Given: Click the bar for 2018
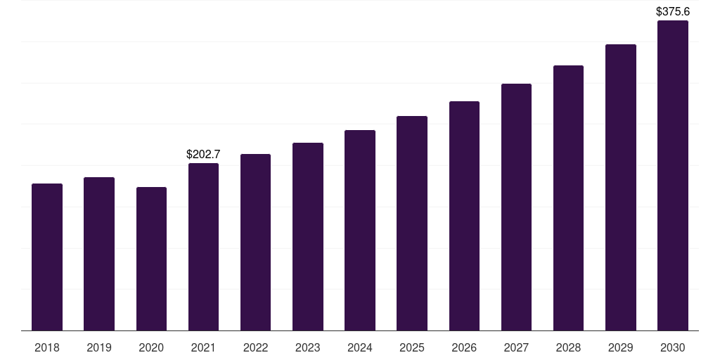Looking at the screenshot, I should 47,257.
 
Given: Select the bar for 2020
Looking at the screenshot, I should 151,259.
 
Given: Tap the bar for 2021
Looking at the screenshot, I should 203,247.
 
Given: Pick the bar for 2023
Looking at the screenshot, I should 308,236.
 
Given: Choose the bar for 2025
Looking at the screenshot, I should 412,223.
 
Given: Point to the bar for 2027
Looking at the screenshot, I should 516,207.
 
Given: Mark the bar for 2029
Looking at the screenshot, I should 621,187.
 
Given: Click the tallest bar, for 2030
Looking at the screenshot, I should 673,175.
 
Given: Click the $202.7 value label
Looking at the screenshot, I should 203,154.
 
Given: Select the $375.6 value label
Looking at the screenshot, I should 673,11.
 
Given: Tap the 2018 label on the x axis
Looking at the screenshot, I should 47,347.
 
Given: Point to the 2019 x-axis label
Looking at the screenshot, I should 99,347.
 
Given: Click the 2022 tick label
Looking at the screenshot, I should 255,347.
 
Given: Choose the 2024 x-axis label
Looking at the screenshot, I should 360,347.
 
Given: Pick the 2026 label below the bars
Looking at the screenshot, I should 464,347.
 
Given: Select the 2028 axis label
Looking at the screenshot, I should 568,347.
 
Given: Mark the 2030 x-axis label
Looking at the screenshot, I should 673,347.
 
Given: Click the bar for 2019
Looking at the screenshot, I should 99,254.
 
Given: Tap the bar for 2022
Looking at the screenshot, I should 255,242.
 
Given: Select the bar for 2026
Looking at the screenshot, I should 464,216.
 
